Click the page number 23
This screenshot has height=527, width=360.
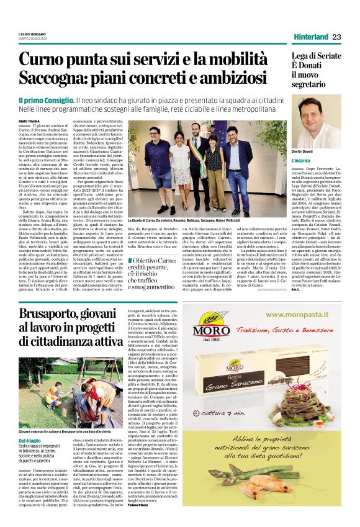coord(337,37)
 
